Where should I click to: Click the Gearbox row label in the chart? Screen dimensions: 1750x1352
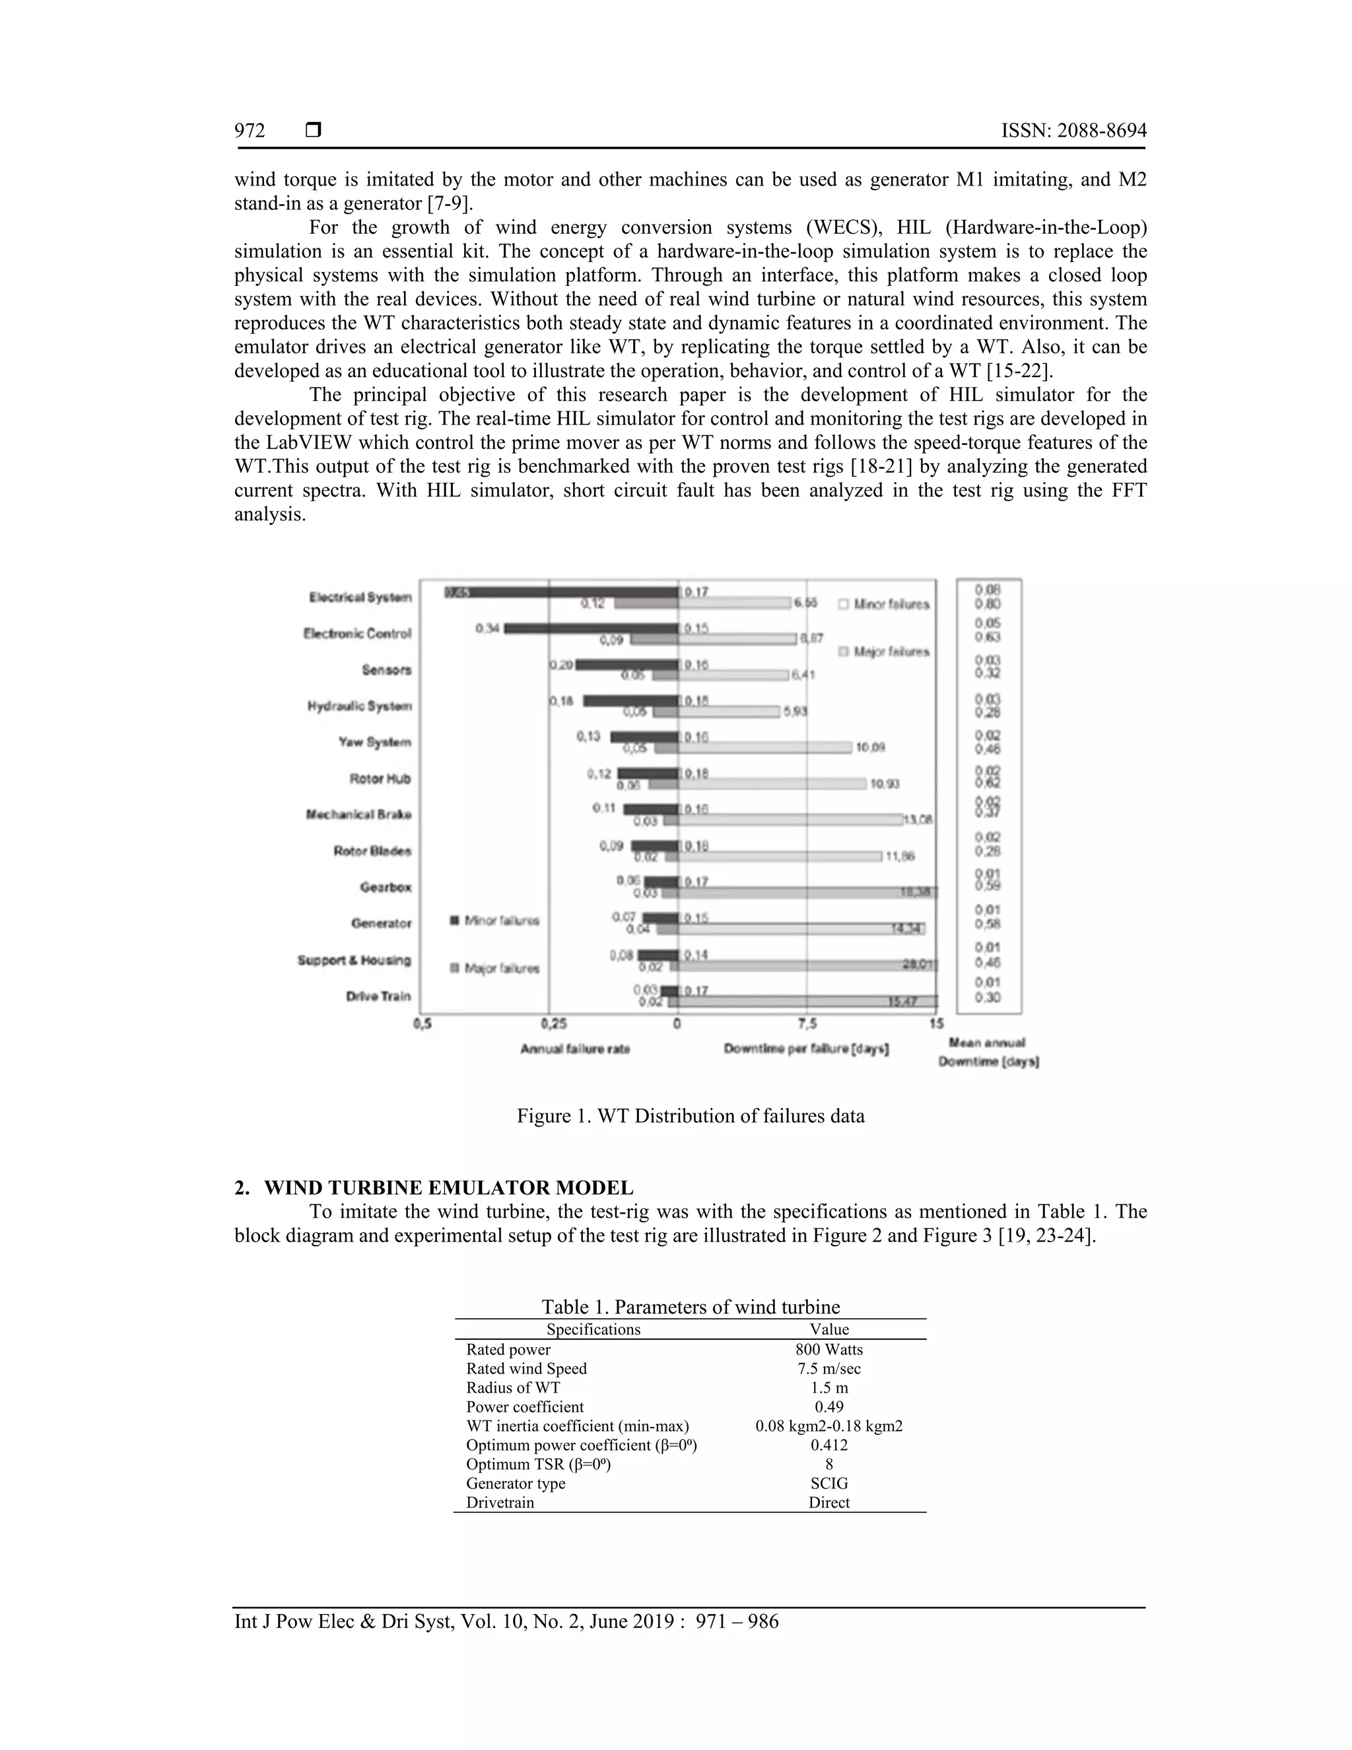(386, 887)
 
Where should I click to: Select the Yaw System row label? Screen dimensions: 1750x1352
(374, 742)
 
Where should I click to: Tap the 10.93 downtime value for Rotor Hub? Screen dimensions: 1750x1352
(885, 784)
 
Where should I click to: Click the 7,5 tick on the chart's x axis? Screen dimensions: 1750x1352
(807, 1023)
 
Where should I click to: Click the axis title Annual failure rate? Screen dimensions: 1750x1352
(575, 1049)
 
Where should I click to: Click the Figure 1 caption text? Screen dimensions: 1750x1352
(691, 1115)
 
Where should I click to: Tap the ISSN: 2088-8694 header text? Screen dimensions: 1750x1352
(1073, 131)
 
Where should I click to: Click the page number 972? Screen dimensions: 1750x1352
(250, 131)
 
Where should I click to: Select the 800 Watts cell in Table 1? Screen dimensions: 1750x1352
(829, 1349)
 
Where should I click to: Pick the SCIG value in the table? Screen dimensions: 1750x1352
(829, 1483)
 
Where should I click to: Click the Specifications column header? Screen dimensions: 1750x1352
(593, 1329)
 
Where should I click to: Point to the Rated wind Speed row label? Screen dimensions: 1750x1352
(526, 1368)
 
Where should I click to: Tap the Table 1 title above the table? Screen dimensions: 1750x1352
(691, 1307)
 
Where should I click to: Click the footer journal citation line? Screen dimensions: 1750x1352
(506, 1622)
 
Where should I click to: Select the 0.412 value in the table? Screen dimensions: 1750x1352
(829, 1445)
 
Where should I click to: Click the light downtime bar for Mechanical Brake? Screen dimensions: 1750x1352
(790, 820)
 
